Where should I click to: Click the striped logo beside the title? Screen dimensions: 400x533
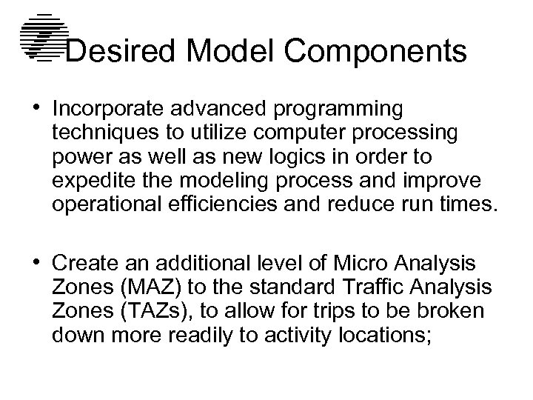coord(42,36)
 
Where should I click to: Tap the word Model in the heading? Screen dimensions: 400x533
coord(234,52)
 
